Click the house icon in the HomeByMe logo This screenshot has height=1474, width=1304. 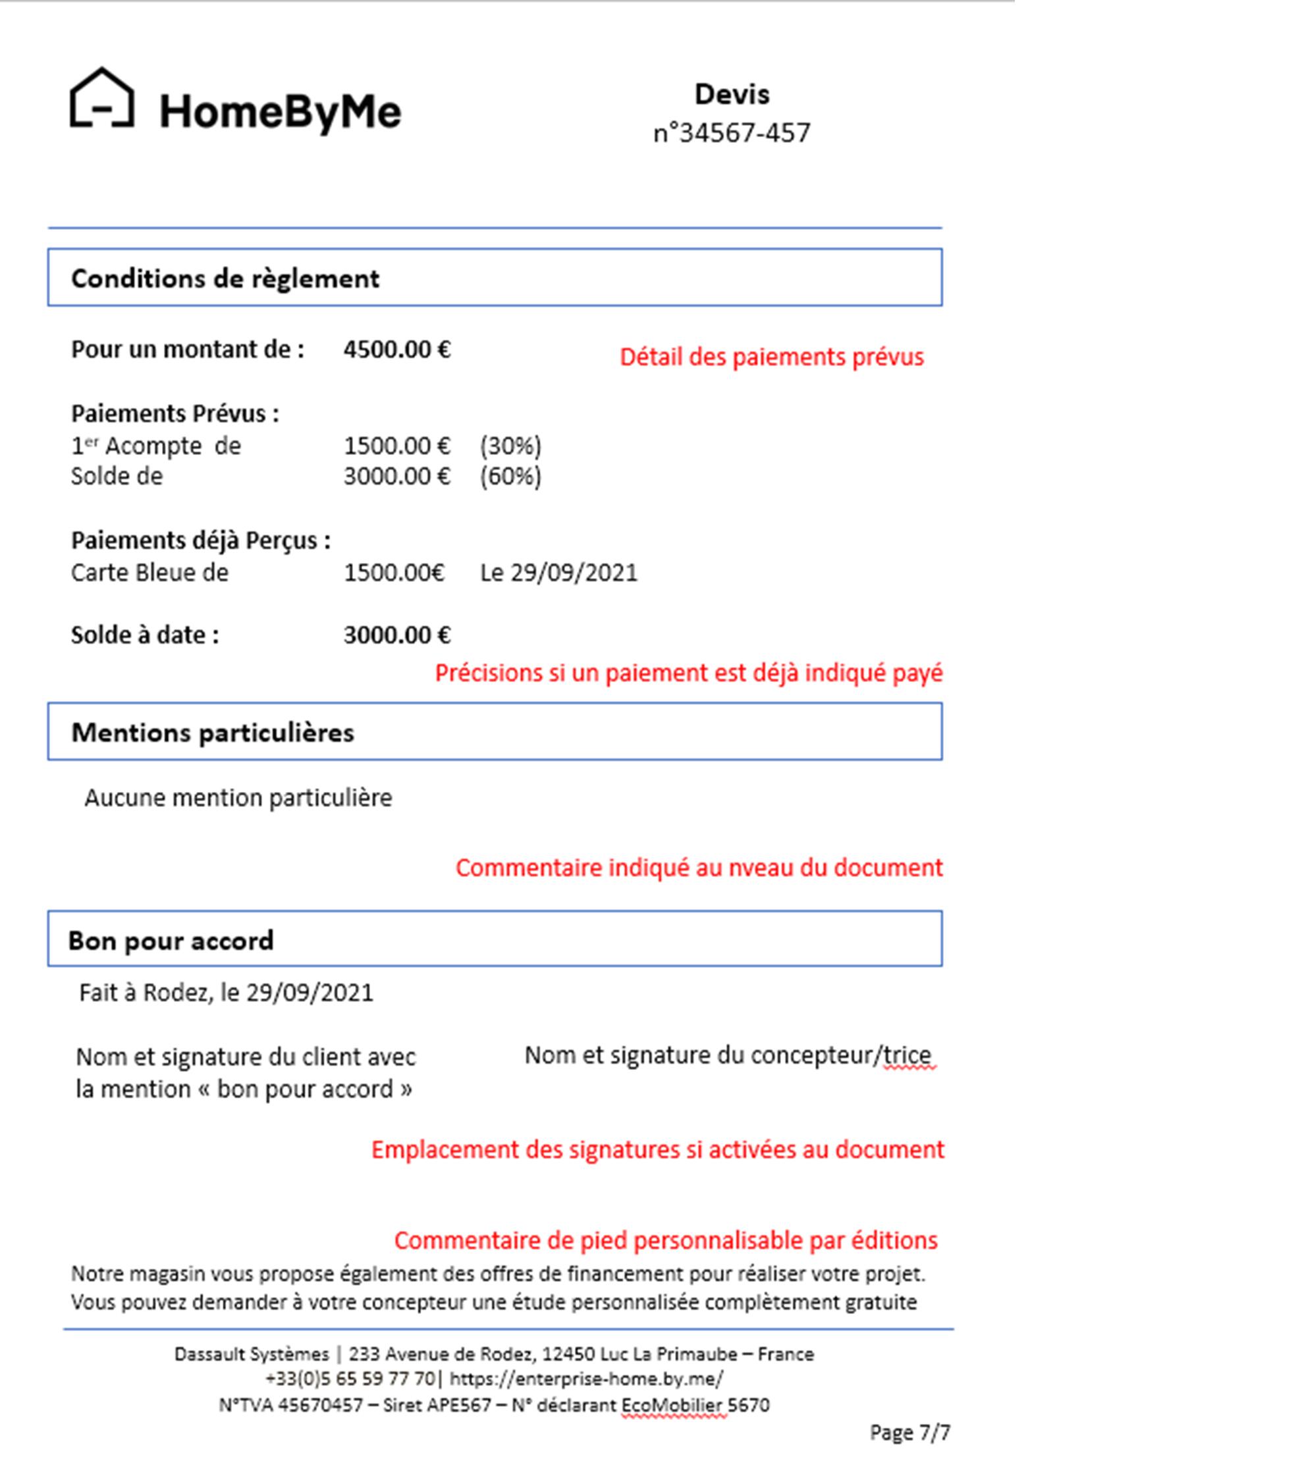101,98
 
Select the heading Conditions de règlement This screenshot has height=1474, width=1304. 225,279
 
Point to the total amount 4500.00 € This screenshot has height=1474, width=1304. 396,350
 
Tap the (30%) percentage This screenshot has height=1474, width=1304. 510,446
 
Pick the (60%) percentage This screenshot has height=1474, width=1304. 510,477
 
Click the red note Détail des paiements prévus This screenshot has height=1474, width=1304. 771,357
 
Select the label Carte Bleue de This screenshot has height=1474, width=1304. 149,573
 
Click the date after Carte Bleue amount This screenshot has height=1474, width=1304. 559,573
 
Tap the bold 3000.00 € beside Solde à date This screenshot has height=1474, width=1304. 396,635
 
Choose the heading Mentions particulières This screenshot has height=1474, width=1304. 213,733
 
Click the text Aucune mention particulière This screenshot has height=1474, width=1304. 238,799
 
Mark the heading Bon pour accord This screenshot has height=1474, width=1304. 171,941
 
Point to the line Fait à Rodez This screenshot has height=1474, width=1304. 226,993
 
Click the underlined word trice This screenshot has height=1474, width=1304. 908,1056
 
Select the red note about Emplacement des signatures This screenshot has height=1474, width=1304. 657,1149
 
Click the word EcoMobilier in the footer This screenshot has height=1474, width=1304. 674,1406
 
